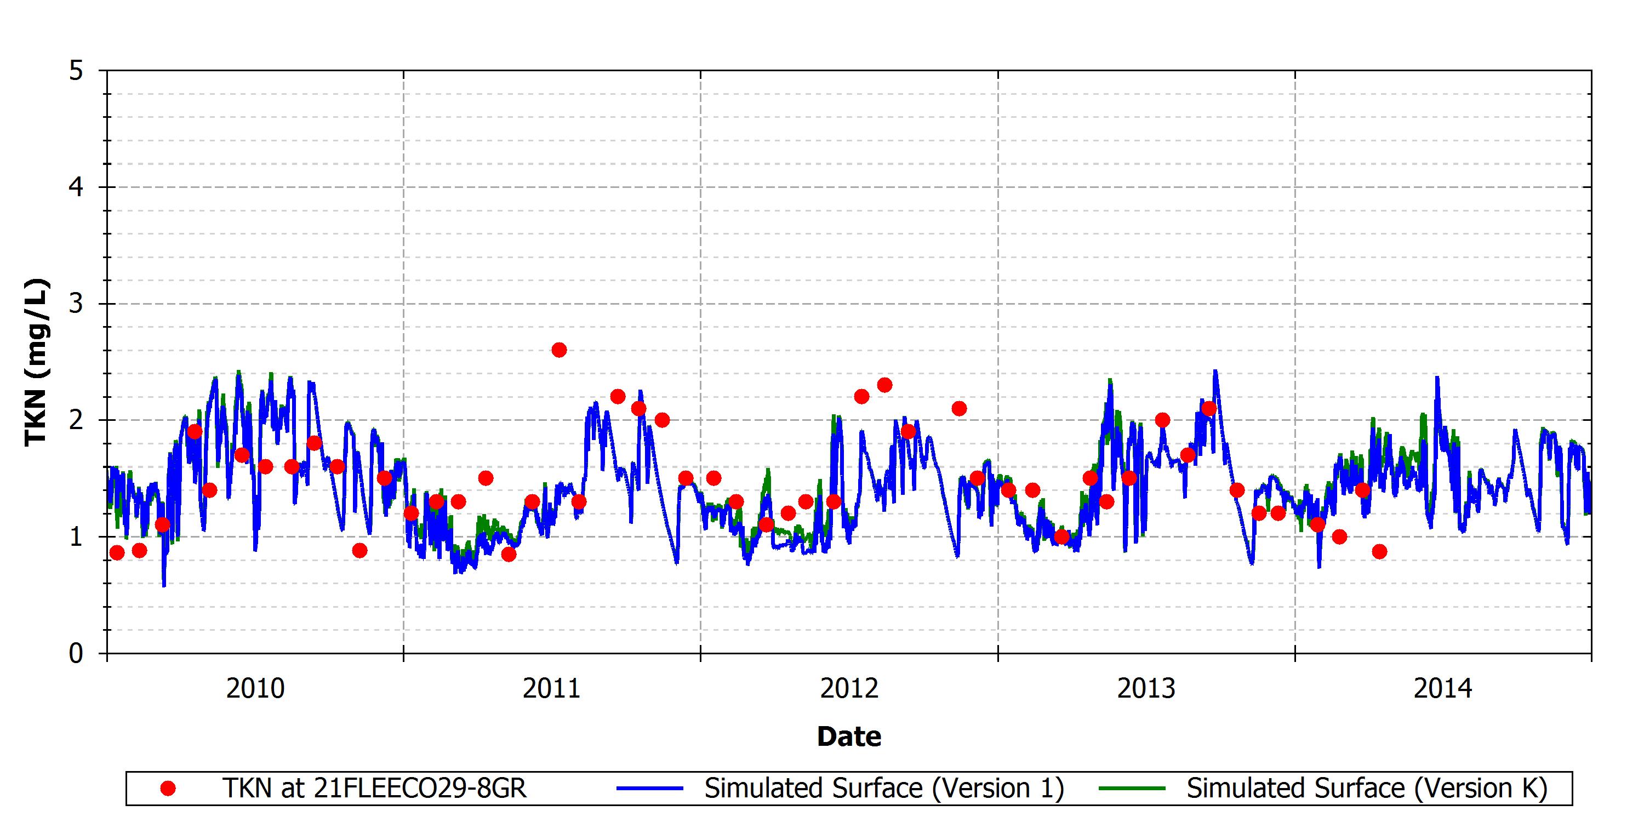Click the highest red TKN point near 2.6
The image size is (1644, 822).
tap(559, 350)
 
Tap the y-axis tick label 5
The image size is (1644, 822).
tap(77, 71)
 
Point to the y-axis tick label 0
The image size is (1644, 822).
tap(77, 654)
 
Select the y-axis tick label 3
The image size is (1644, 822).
tap(77, 304)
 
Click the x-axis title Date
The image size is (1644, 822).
tap(849, 737)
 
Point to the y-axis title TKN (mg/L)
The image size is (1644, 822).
tap(36, 362)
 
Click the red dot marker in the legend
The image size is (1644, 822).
tap(168, 789)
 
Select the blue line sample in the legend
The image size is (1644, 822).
tap(650, 789)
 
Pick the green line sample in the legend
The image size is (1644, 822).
tap(1132, 789)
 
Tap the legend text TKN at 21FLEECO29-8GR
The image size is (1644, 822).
tap(375, 789)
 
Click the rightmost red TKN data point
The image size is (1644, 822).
tap(1379, 551)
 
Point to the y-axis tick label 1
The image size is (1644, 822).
tap(77, 536)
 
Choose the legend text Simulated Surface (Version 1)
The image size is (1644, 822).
tap(884, 789)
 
